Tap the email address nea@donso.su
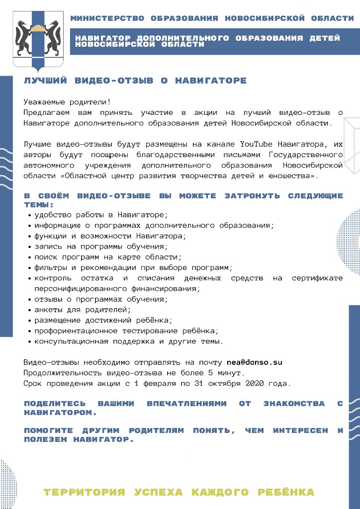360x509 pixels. pyautogui.click(x=254, y=362)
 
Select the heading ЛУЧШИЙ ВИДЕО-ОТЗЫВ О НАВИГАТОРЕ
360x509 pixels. pyautogui.click(x=135, y=81)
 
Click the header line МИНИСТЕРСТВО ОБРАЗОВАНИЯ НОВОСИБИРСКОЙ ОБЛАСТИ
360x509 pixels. pyautogui.click(x=212, y=18)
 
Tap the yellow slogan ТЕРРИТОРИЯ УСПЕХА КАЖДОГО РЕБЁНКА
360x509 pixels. pyautogui.click(x=179, y=492)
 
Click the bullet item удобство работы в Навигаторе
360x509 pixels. pyautogui.click(x=101, y=215)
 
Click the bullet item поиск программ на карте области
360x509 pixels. pyautogui.click(x=108, y=257)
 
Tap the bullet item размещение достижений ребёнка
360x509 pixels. pyautogui.click(x=103, y=320)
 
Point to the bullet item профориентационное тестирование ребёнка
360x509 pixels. pyautogui.click(x=126, y=331)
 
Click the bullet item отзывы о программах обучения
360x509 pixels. pyautogui.click(x=101, y=299)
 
